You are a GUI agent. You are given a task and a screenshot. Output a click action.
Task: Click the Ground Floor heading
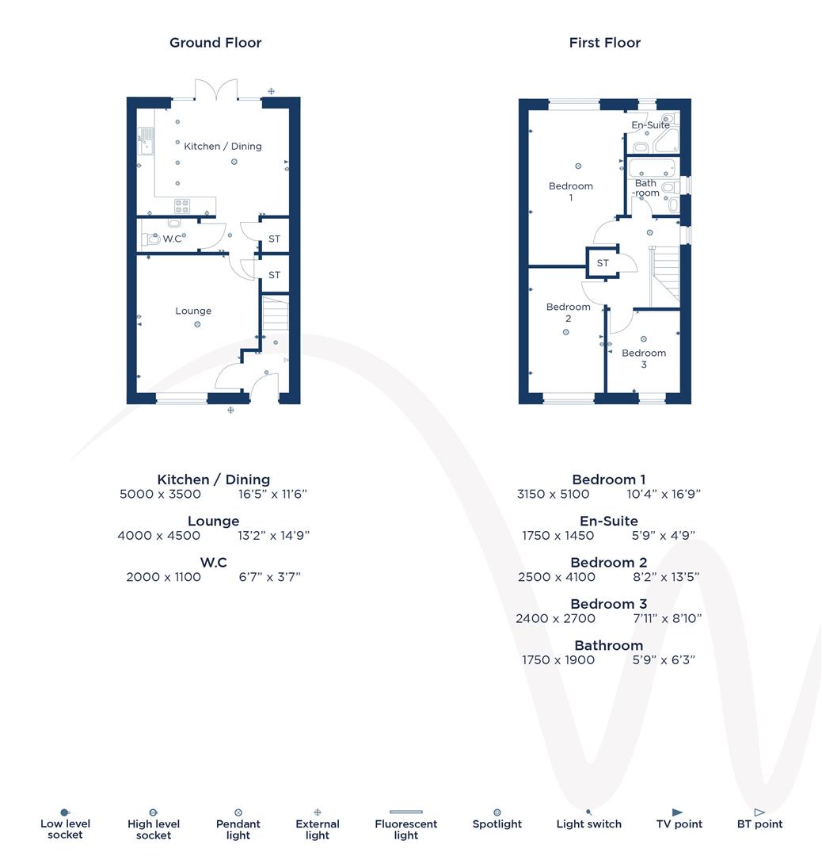[x=215, y=43]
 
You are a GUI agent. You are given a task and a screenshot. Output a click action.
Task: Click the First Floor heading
[x=604, y=43]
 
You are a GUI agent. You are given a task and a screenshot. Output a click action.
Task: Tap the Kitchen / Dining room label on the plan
[x=223, y=147]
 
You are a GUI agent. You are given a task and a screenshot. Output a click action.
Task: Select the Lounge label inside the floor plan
[x=193, y=311]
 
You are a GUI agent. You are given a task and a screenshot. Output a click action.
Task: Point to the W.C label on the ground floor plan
[x=172, y=239]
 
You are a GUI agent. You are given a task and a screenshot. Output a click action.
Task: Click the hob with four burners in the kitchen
[x=182, y=206]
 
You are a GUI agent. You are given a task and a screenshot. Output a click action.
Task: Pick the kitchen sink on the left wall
[x=145, y=143]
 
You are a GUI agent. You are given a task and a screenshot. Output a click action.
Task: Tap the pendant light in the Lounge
[x=197, y=324]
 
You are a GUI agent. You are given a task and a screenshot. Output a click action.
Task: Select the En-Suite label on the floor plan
[x=650, y=125]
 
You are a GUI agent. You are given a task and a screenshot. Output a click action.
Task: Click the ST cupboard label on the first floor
[x=603, y=263]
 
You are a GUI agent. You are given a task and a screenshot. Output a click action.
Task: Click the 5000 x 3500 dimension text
[x=160, y=494]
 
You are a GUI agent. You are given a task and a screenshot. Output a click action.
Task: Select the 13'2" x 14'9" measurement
[x=273, y=535]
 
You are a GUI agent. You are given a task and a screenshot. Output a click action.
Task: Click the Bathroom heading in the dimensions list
[x=608, y=645]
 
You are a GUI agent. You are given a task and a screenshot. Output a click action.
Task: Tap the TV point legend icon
[x=677, y=812]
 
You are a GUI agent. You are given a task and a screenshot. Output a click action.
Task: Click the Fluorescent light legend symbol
[x=405, y=812]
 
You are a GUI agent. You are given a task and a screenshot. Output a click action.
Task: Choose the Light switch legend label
[x=588, y=824]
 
